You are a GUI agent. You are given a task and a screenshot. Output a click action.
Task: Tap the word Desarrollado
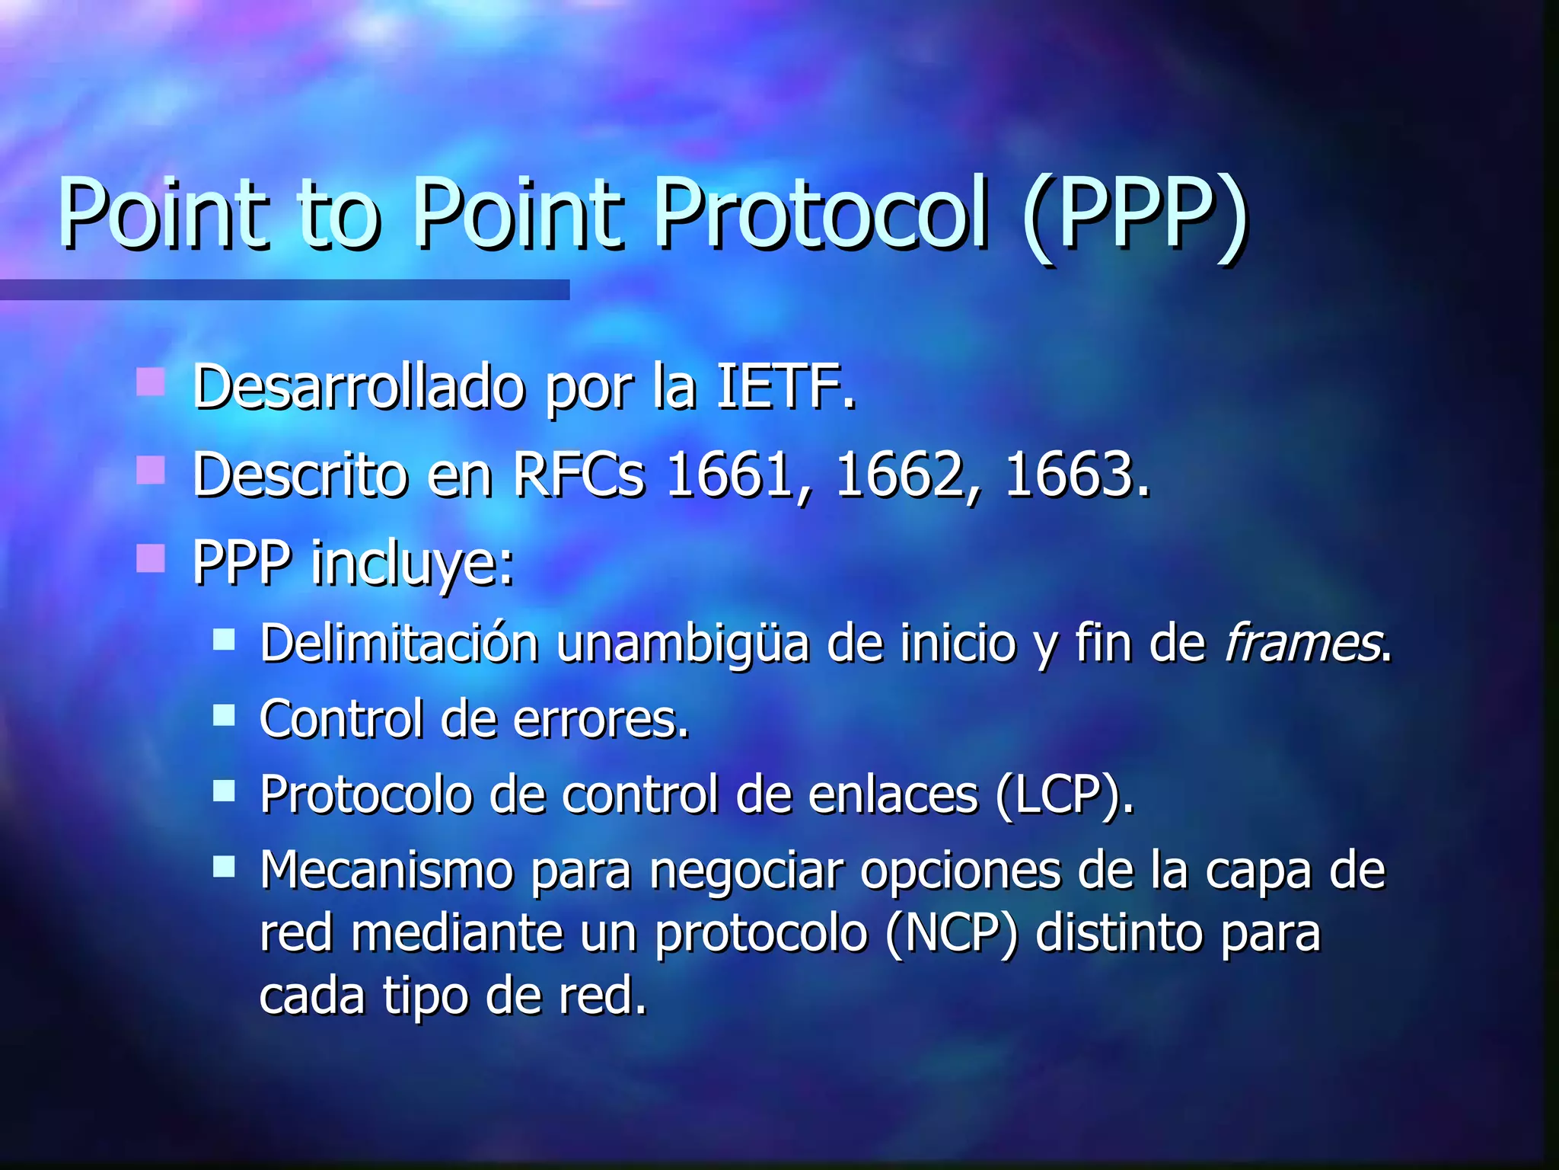[x=359, y=387]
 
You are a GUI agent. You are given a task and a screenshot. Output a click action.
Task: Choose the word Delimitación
[x=400, y=643]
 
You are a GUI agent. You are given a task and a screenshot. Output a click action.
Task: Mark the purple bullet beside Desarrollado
[x=151, y=382]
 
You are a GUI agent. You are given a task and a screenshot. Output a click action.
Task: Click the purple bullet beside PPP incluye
[x=151, y=558]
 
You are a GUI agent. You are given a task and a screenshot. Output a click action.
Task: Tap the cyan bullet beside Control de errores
[x=224, y=715]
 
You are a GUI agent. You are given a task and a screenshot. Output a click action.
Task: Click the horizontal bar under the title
[x=285, y=289]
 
